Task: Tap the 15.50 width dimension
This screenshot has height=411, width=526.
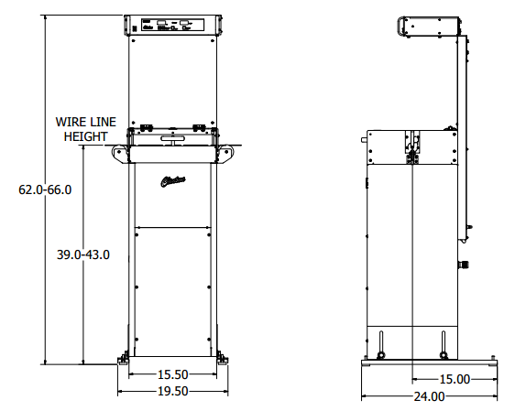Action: [171, 374]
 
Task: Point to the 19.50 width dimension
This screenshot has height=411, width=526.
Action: [171, 390]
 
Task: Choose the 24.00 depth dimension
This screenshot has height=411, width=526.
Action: [428, 396]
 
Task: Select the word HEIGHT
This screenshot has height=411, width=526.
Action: [85, 135]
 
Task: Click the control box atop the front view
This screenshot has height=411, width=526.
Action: [172, 27]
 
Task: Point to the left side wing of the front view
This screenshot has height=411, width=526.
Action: [122, 154]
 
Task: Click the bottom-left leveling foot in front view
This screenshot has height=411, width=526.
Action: [121, 358]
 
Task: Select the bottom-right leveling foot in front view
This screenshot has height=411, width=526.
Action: [223, 358]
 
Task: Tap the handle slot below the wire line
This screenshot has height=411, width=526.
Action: [172, 139]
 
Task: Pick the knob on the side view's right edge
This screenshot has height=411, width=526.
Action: [462, 264]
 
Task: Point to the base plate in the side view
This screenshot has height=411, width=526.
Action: [428, 363]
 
